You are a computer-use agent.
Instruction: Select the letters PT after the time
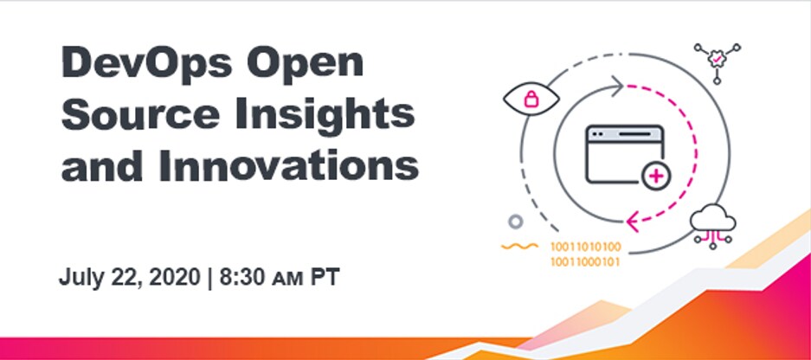coord(325,278)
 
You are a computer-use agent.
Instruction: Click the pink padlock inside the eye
coord(531,99)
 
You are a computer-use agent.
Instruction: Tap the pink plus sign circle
coord(656,177)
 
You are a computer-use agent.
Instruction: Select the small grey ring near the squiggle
coord(516,222)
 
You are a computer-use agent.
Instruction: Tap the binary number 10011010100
coord(585,247)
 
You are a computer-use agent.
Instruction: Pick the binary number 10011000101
coord(585,261)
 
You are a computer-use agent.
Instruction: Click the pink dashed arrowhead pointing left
coord(633,222)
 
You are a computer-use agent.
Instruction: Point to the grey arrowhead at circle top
coord(616,86)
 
